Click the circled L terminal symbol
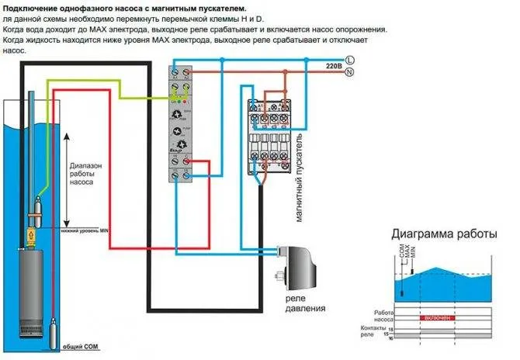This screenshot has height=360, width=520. click(x=349, y=60)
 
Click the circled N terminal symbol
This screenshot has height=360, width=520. click(x=349, y=72)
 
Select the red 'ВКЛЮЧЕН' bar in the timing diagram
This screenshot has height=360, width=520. click(x=442, y=318)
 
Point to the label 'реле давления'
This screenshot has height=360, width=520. click(x=297, y=301)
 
